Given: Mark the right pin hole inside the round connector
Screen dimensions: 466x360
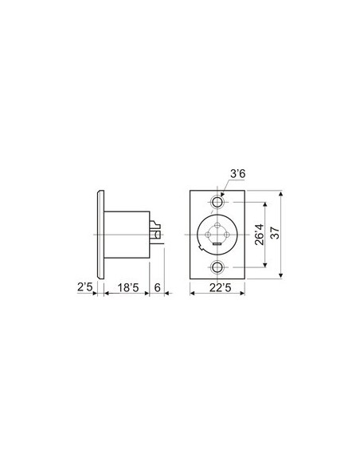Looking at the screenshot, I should [x=228, y=235].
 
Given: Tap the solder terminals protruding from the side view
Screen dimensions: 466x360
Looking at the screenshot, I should [x=157, y=231].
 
